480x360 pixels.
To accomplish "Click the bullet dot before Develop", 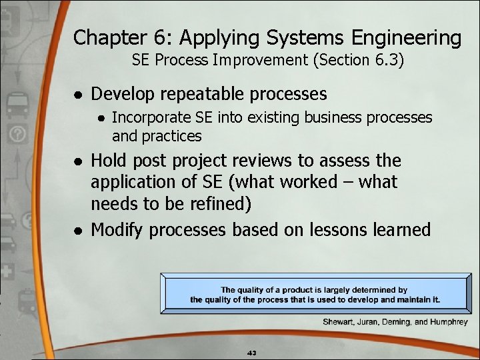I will point(78,94).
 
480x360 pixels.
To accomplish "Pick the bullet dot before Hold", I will point(78,161).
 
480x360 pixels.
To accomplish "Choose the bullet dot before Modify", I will point(78,231).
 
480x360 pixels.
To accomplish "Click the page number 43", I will point(252,352).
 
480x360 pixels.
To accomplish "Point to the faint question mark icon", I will point(18,135).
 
